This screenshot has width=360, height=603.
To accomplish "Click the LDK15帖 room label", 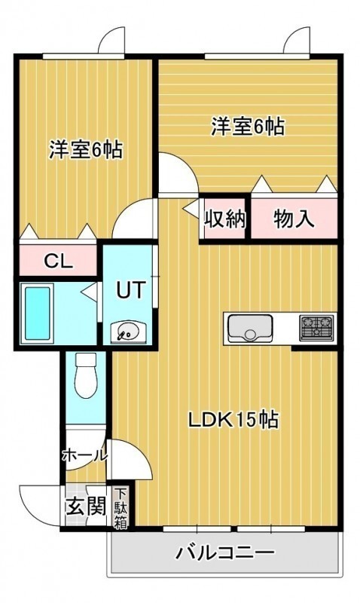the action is pos(233,420).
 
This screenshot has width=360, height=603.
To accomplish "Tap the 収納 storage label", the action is pos(224,219).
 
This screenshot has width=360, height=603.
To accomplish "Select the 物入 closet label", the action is pos(294,219).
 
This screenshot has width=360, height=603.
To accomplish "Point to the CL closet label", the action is pos(59,262).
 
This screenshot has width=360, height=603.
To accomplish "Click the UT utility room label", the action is pos(131,290).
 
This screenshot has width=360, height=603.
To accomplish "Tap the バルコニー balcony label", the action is pos(225,553).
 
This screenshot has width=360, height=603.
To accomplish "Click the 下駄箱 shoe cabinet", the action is pos(121,508).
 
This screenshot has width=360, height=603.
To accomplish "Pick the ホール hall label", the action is pos(84,455).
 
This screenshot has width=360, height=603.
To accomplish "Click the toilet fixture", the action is pos(86,375).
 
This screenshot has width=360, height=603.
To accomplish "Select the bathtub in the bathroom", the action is pos(37,314).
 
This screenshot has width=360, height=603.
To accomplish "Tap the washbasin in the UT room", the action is pos(128,332).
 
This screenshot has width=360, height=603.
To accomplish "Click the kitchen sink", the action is pos(250,328).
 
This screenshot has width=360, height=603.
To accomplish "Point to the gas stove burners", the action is pos(317,327).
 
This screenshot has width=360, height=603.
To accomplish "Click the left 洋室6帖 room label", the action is pos(86,149).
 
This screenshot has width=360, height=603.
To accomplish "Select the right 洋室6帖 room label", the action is pos(248,127).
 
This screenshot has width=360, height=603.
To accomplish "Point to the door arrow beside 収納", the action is pos(191,209).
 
